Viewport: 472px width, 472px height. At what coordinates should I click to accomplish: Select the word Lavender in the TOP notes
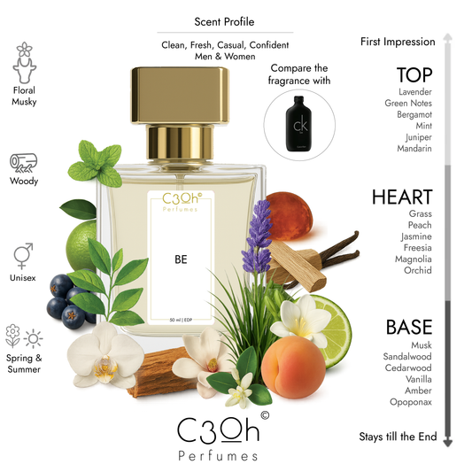[x=414, y=91]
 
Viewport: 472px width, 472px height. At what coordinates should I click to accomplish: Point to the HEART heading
[x=403, y=197]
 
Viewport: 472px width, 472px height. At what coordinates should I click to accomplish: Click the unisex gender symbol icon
[x=24, y=256]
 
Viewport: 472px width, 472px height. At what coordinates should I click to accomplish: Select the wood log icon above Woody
[x=24, y=163]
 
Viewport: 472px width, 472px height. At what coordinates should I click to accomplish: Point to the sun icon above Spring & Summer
[x=34, y=337]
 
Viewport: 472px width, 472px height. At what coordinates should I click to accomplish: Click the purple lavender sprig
[x=260, y=234]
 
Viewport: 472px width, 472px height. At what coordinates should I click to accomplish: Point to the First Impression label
[x=398, y=42]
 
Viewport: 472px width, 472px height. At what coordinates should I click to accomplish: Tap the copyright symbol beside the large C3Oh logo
[x=264, y=413]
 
